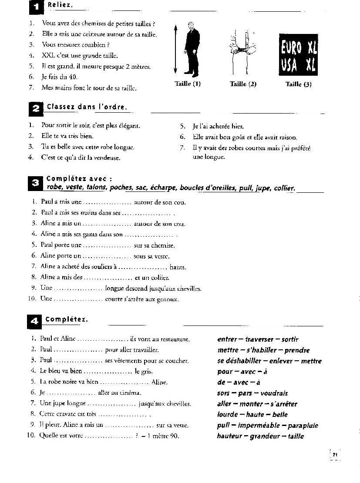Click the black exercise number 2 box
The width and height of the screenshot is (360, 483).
(36, 109)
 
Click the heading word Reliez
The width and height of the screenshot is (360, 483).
(60, 5)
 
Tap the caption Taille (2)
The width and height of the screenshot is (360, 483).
(243, 84)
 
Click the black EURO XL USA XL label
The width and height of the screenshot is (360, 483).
(298, 55)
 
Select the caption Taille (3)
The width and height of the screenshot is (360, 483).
(299, 84)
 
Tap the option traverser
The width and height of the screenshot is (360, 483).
(259, 339)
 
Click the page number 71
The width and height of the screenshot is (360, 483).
(335, 454)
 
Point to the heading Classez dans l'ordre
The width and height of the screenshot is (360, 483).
(87, 107)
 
